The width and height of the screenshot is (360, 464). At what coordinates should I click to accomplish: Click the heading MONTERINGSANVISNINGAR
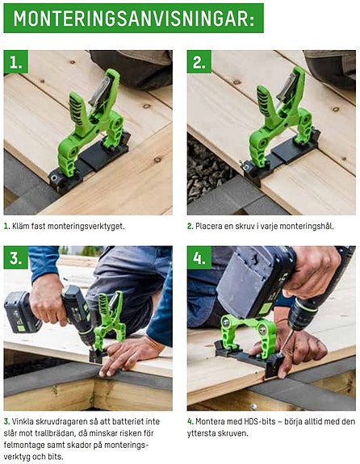133,18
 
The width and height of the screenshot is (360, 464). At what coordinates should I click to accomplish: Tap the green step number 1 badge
15,62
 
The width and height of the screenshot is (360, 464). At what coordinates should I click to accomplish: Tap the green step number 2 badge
199,62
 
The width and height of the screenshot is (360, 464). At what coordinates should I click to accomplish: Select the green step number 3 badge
15,258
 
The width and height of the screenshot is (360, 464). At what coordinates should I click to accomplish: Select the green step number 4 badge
199,258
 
